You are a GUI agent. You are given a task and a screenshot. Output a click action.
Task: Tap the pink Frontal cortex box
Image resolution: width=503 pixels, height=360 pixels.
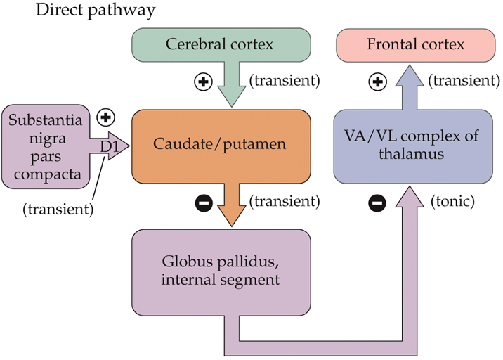(415, 45)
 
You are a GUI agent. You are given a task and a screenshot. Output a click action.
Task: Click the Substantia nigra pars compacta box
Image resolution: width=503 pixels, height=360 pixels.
(46, 146)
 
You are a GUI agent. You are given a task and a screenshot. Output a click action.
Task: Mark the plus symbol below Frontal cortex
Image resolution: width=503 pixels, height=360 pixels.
(378, 82)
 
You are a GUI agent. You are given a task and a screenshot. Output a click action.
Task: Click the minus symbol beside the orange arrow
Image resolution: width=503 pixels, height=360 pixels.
(203, 204)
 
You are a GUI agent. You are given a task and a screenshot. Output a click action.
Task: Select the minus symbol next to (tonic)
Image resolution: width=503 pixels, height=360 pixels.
(377, 204)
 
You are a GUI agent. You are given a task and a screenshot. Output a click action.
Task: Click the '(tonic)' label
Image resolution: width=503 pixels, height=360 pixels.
(452, 202)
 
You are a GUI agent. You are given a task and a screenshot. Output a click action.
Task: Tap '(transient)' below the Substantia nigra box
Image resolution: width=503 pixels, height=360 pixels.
(58, 209)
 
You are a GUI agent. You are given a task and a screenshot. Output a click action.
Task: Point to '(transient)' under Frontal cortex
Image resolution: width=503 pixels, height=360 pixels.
(465, 80)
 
